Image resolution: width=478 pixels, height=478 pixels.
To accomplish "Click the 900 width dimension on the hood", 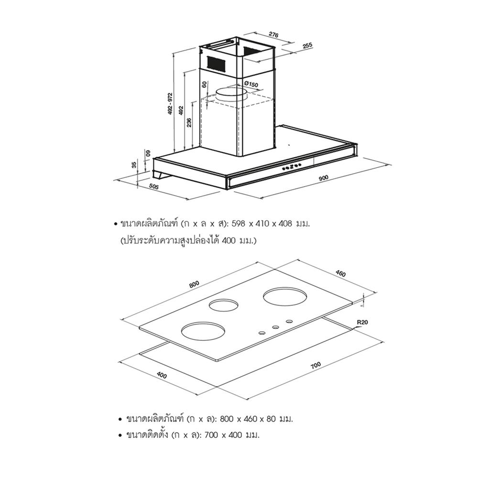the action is click(323, 178).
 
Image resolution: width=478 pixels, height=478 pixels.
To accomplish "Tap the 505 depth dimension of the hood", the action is click(154, 186).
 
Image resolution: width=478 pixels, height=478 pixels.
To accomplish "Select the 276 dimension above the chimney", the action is click(273, 34).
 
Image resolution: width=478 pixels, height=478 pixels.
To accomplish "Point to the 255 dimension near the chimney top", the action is click(307, 45).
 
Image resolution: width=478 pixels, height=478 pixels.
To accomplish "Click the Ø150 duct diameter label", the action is click(251, 84).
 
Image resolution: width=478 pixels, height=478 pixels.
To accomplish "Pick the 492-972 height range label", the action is click(171, 104).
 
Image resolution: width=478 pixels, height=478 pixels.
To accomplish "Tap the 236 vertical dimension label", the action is click(189, 122).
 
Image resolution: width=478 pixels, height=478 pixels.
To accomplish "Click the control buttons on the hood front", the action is click(292, 166).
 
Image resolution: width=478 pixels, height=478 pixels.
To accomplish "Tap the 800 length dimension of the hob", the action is click(194, 284).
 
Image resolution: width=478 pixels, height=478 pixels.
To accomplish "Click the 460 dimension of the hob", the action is click(340, 273).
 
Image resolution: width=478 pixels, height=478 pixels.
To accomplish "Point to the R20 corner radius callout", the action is click(362, 322).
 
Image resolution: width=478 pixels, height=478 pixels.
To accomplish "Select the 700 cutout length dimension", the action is click(316, 365).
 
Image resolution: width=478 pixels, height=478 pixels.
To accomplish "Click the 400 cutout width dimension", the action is click(162, 375).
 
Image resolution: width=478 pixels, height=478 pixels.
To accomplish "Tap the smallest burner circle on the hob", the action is click(224, 305).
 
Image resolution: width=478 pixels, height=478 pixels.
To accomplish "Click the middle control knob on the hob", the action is click(275, 327).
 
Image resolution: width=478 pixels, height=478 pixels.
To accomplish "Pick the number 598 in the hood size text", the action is click(239, 224).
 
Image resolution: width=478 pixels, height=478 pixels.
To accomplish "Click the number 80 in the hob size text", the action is click(272, 419).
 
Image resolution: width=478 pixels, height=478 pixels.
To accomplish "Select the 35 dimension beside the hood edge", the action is click(134, 165).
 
